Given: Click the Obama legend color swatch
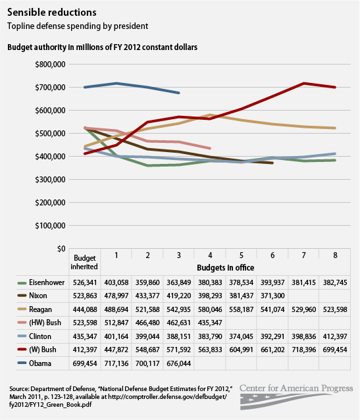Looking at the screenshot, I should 13,363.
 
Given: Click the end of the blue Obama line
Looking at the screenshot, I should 180,93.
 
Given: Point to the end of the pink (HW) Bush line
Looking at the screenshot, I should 210,148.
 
